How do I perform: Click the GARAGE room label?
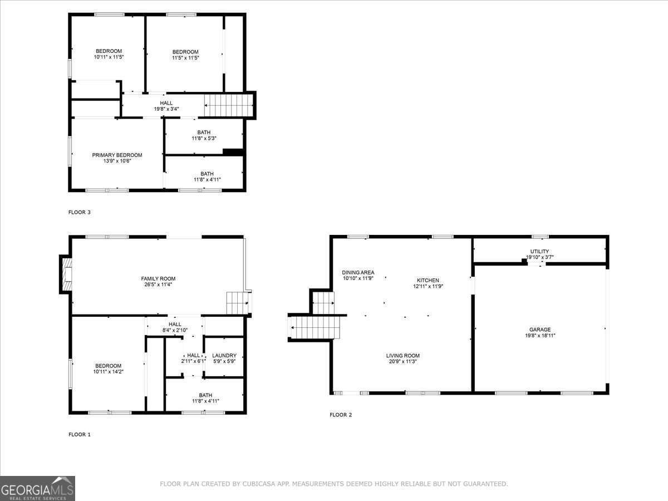[x=540, y=330]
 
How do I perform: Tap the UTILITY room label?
[x=539, y=252]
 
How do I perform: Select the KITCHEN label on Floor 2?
[x=428, y=281]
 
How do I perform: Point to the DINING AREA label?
[x=358, y=272]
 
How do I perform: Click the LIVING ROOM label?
[x=403, y=356]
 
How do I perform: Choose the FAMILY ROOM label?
[x=158, y=279]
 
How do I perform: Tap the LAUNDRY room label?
[x=224, y=356]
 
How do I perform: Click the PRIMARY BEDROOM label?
[x=117, y=155]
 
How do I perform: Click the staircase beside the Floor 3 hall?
[x=229, y=105]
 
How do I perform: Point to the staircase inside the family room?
[x=237, y=303]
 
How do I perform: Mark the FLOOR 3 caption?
[x=80, y=212]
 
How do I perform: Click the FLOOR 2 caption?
[x=341, y=415]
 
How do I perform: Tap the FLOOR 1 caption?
[x=80, y=434]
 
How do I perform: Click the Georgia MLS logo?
[x=37, y=488]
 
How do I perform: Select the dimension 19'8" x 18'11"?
[x=540, y=336]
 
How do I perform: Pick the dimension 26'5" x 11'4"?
[x=158, y=285]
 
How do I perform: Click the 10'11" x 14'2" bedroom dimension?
[x=108, y=371]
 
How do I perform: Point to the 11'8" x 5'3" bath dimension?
[x=204, y=138]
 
